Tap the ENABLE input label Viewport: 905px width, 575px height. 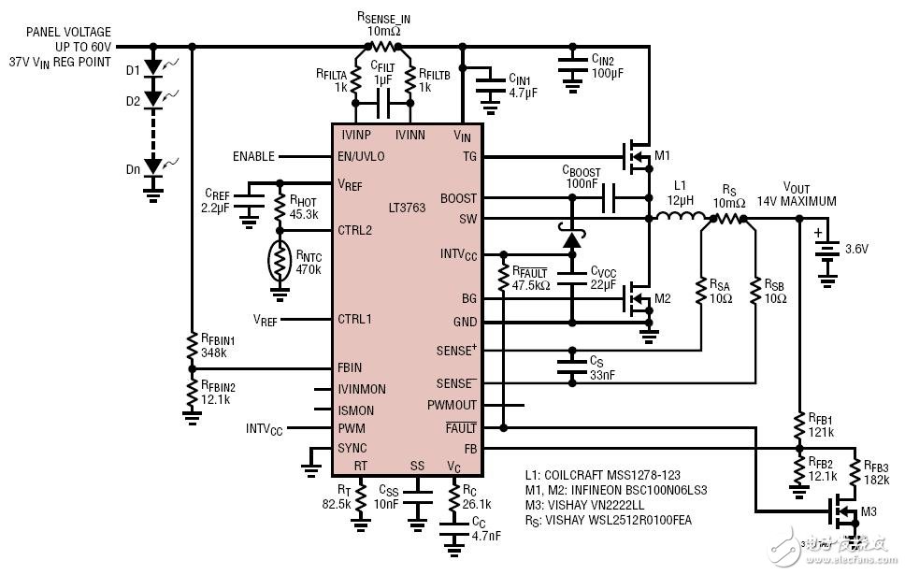253,156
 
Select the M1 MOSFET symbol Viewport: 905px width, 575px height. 635,151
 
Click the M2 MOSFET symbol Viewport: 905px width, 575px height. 635,297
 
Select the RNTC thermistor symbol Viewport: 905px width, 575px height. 280,261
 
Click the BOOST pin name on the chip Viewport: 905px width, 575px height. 458,198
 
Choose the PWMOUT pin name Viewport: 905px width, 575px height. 452,405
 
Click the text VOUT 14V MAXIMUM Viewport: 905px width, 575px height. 810,194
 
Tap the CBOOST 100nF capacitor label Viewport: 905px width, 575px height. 581,178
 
